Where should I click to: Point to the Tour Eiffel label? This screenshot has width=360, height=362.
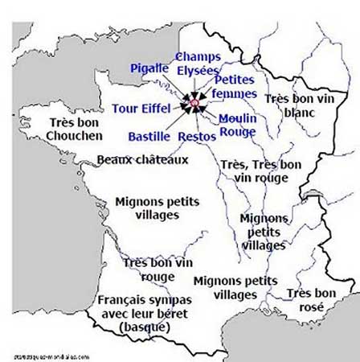pyautogui.click(x=140, y=108)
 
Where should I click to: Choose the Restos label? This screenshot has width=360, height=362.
pyautogui.click(x=198, y=137)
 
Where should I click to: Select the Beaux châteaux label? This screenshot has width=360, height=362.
pyautogui.click(x=142, y=160)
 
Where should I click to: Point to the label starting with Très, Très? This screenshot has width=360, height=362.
pyautogui.click(x=260, y=171)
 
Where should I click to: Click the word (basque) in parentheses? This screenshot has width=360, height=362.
pyautogui.click(x=144, y=327)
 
